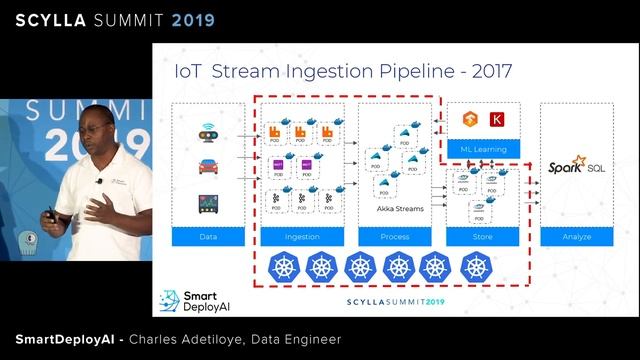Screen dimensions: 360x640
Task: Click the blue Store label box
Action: (x=483, y=236)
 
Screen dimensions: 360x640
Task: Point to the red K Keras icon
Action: (x=497, y=120)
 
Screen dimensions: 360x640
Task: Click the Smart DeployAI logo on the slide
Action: (x=196, y=301)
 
